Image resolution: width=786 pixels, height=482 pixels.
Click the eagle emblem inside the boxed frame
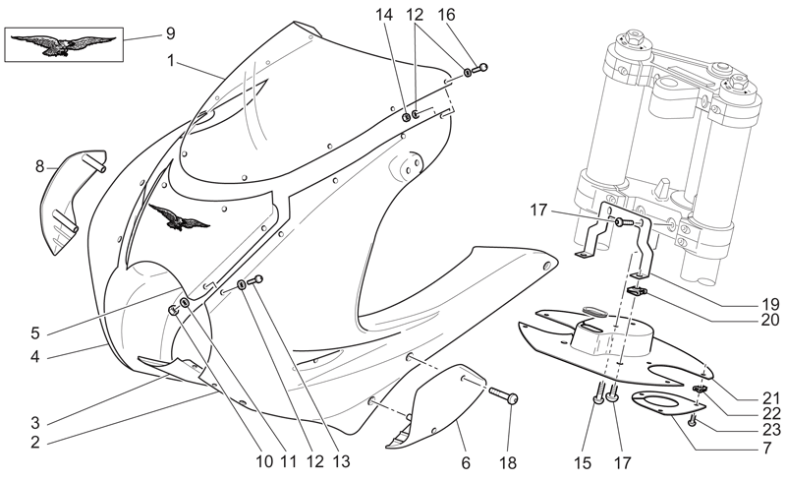[x=63, y=44]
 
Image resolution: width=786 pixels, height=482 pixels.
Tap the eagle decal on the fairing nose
[x=179, y=216]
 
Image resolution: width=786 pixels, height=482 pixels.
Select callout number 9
[x=170, y=34]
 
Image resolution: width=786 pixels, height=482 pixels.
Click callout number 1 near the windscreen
[x=170, y=61]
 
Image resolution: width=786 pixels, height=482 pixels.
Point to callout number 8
[x=40, y=166]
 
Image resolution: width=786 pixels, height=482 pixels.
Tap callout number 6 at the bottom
[x=466, y=462]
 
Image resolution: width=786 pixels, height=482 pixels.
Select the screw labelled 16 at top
[x=479, y=68]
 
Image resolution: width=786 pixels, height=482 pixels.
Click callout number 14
[x=385, y=15]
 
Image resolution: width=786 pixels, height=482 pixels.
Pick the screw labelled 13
[x=255, y=281]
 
